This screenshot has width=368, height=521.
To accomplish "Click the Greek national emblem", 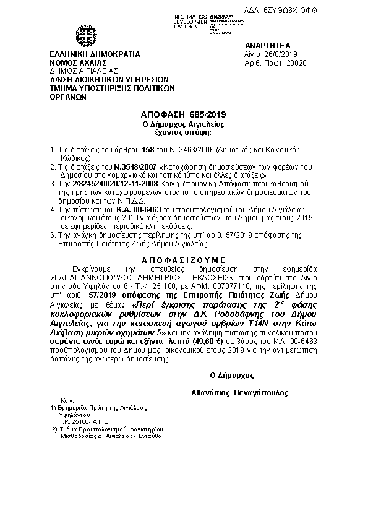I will coord(84,35).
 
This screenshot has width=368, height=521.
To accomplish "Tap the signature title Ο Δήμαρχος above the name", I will coord(232,376).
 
